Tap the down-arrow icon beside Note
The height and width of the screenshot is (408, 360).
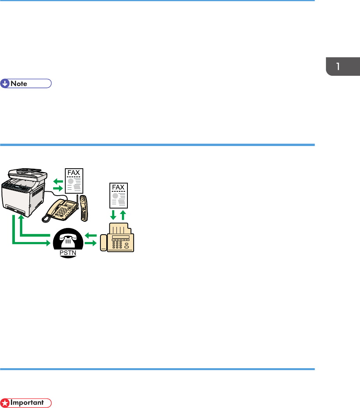5,83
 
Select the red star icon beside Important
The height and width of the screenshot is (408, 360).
5,402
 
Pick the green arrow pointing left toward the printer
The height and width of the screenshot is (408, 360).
57,181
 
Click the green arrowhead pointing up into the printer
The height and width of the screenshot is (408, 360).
21,219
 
